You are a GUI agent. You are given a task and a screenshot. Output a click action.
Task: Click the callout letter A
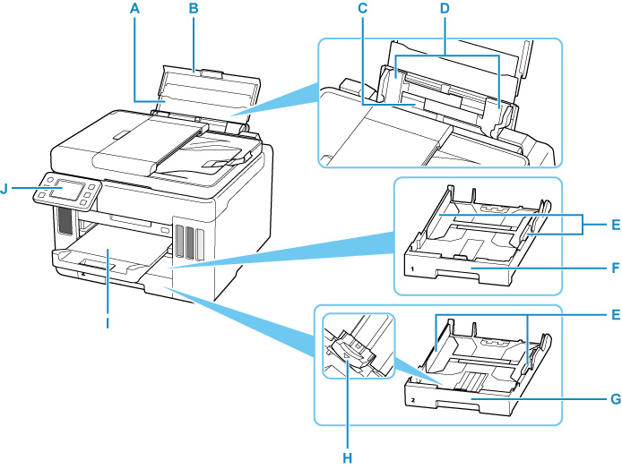pos(135,9)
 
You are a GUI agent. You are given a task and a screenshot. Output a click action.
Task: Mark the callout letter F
pos(607,267)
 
